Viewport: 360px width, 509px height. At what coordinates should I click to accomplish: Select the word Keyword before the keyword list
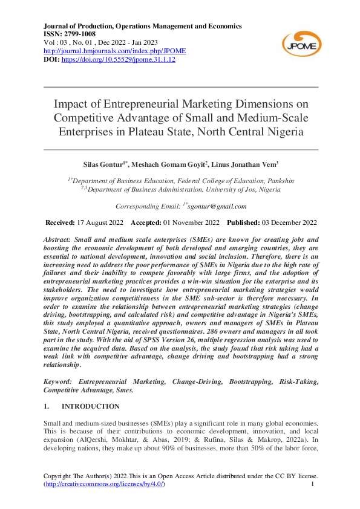point(59,382)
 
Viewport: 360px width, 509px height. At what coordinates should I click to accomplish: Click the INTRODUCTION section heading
point(91,406)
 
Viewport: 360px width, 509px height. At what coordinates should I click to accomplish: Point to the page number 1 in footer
point(312,485)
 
